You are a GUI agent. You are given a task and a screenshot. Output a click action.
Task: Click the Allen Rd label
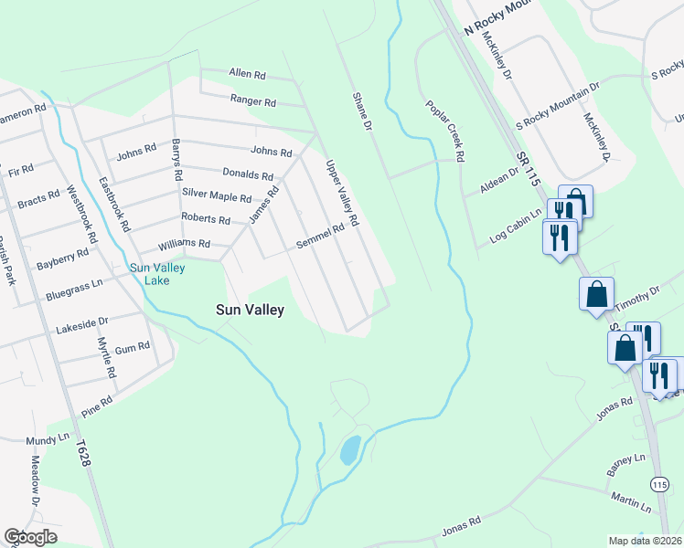pyautogui.click(x=247, y=73)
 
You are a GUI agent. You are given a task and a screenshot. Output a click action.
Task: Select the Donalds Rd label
pyautogui.click(x=248, y=174)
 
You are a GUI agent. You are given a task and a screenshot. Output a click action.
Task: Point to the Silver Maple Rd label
pyautogui.click(x=217, y=195)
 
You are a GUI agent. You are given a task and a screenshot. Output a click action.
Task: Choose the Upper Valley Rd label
pyautogui.click(x=342, y=193)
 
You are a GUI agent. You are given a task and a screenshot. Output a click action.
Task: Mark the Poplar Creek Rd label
pyautogui.click(x=445, y=132)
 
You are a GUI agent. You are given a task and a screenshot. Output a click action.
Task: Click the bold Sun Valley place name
pyautogui.click(x=250, y=310)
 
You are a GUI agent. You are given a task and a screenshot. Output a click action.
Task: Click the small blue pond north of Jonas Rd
pyautogui.click(x=349, y=449)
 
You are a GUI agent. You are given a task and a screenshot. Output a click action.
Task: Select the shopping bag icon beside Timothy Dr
pyautogui.click(x=596, y=294)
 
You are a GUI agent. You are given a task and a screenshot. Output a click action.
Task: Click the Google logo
pyautogui.click(x=30, y=537)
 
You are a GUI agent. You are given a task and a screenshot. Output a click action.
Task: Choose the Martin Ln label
pyautogui.click(x=632, y=501)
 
